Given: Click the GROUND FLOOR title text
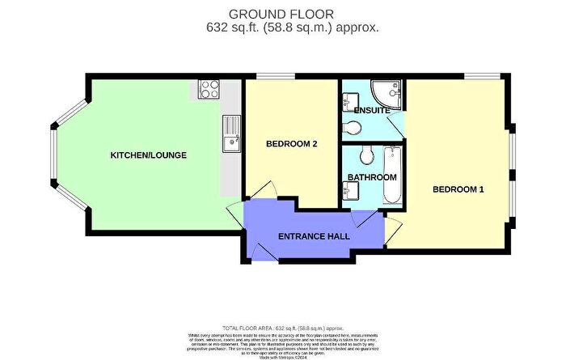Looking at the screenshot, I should point(283,13).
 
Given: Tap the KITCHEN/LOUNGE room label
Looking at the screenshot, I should point(143,155).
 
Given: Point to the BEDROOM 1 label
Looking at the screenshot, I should point(458,189).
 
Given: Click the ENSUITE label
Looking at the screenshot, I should point(372,110).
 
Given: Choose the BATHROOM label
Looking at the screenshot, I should point(372,177).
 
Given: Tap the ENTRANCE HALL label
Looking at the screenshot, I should point(314,236).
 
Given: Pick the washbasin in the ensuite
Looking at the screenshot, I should point(348,103).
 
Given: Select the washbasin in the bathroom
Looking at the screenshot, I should point(350,190).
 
